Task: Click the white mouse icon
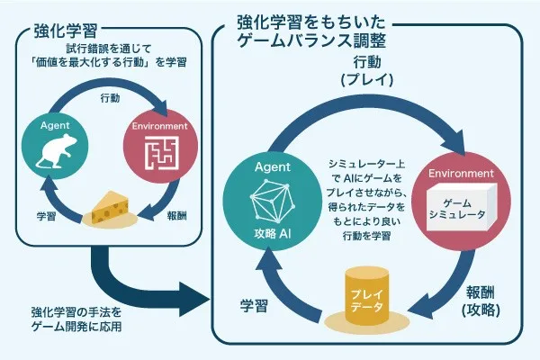point(56,150)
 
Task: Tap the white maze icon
point(161,153)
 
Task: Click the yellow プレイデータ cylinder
point(367,295)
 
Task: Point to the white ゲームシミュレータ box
point(462,207)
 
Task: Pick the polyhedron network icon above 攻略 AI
point(273,202)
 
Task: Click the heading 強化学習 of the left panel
point(65,31)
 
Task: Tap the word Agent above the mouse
point(55,125)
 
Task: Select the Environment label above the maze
point(160,126)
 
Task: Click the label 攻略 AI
point(273,234)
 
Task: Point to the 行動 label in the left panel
point(110,98)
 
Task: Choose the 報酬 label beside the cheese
point(177,216)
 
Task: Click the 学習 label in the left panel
point(46,216)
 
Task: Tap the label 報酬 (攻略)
point(481,301)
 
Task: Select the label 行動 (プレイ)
point(367,71)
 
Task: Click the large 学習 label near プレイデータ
point(254,306)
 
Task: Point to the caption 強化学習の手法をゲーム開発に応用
point(76,319)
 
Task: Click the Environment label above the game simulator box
point(461,174)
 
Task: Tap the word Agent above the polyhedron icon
point(273,167)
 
